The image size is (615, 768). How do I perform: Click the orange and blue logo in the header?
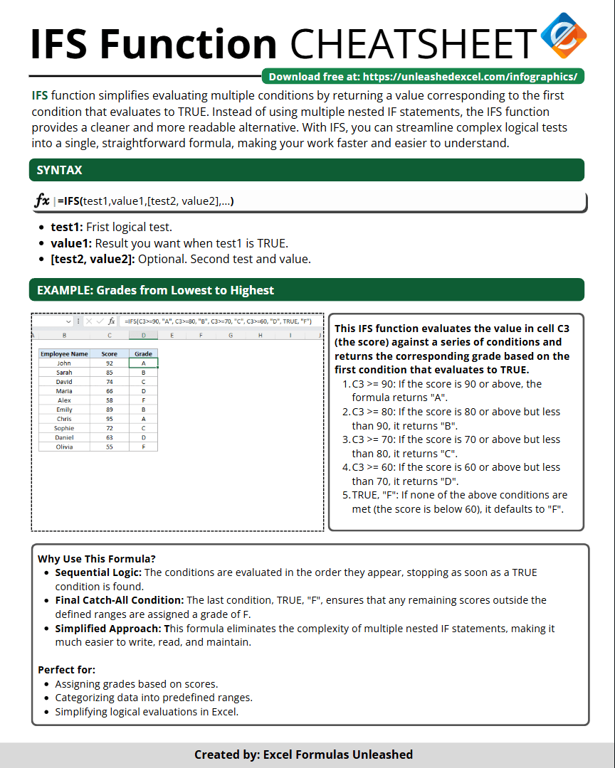(563, 36)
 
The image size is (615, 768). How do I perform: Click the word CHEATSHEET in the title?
(412, 44)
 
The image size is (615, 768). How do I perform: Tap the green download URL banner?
(423, 77)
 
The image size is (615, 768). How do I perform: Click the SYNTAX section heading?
(59, 171)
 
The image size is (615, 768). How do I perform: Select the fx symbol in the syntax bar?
(42, 201)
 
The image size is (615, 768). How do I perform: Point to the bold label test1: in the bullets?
(67, 227)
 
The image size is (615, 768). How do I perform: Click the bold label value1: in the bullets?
(71, 243)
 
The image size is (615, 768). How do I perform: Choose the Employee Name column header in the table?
(64, 353)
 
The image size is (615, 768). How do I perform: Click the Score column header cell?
(110, 353)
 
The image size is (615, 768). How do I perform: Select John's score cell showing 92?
(110, 363)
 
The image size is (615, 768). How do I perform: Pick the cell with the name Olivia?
(64, 447)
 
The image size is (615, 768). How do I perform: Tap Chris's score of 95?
(110, 419)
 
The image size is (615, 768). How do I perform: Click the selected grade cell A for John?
(144, 363)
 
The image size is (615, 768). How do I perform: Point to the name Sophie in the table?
(64, 428)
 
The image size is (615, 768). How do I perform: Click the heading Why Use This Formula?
(96, 558)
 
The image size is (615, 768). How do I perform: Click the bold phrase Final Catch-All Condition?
(120, 600)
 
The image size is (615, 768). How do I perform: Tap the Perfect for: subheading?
(66, 670)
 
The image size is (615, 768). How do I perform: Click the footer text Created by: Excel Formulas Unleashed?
(303, 754)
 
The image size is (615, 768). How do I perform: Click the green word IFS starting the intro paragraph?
(40, 95)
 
